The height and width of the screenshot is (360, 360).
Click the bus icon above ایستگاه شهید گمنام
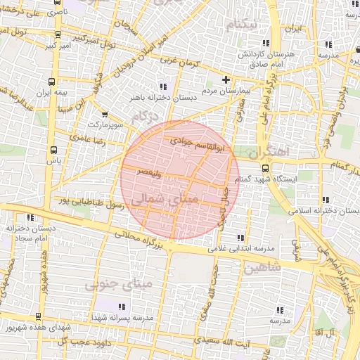(265, 168)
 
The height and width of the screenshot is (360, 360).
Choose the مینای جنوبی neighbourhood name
(118, 284)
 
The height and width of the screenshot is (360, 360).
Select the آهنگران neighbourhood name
(269, 151)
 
